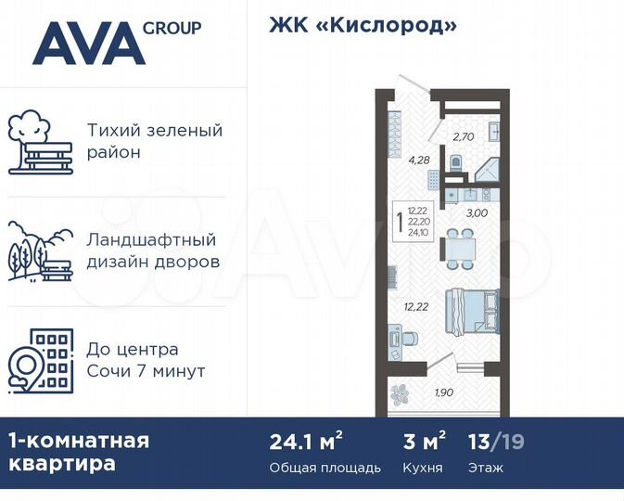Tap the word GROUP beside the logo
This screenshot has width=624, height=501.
[x=171, y=28]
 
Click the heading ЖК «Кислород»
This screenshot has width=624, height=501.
[x=363, y=25]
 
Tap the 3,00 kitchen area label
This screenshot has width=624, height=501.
[x=477, y=213]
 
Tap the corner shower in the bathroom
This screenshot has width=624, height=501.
[x=486, y=170]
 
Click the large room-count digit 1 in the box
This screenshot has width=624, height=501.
[x=400, y=223]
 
